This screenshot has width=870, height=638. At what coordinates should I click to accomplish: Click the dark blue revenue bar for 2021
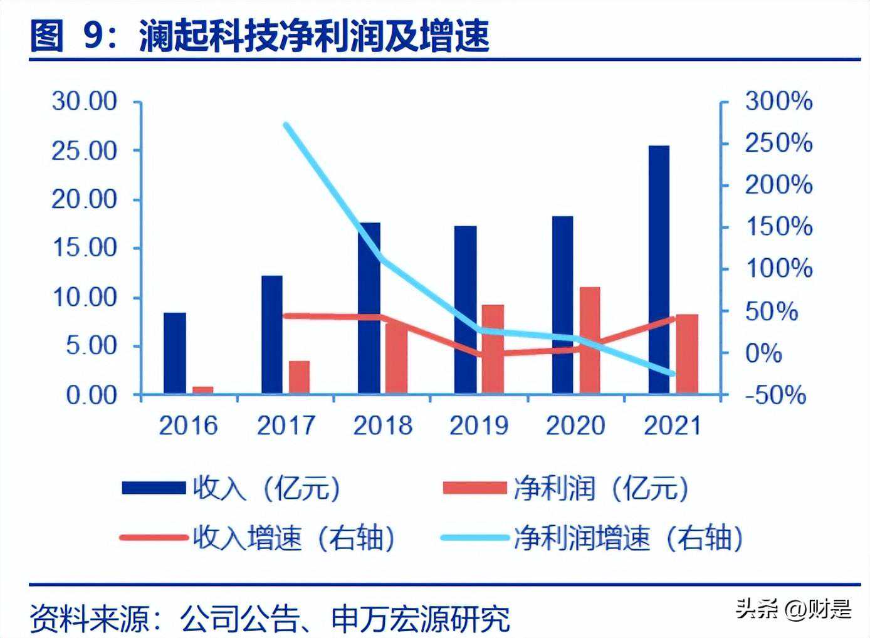tap(659, 269)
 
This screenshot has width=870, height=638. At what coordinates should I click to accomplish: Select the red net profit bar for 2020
tap(590, 340)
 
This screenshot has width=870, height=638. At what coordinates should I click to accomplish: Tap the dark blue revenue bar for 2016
tap(175, 353)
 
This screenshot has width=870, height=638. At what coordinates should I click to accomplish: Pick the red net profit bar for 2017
tap(300, 377)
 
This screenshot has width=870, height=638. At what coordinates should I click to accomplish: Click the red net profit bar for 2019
tap(493, 349)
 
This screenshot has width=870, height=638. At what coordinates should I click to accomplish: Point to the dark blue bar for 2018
tap(369, 308)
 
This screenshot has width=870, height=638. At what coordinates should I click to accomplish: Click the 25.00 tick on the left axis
tap(84, 150)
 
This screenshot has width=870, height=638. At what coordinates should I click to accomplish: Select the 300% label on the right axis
tap(778, 102)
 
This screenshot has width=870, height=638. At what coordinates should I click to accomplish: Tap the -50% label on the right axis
tap(775, 395)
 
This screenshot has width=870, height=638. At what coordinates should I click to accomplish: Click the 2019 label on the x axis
tap(478, 426)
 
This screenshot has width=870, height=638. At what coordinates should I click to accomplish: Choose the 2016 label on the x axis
tap(188, 426)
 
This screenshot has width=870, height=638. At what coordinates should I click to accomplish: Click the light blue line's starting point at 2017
tap(286, 125)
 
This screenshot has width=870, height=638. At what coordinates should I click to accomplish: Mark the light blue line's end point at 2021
tap(673, 374)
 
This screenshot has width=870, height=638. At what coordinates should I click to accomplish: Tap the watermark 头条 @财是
tap(793, 609)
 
